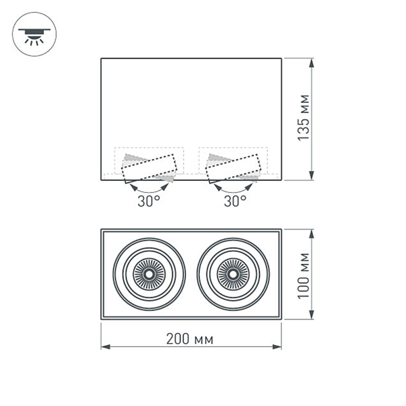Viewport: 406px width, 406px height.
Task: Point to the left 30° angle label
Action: [x=148, y=201]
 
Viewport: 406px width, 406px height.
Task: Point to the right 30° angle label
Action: [x=234, y=201]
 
